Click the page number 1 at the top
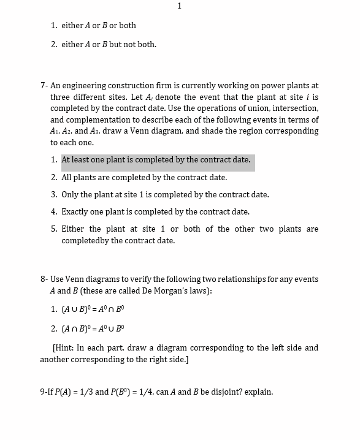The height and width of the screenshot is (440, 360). tap(179, 6)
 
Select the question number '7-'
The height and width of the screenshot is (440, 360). tap(44, 86)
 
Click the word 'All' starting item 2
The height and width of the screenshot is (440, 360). tap(67, 178)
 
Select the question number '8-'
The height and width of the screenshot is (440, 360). tap(44, 279)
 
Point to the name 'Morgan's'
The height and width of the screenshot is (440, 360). tap(174, 291)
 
